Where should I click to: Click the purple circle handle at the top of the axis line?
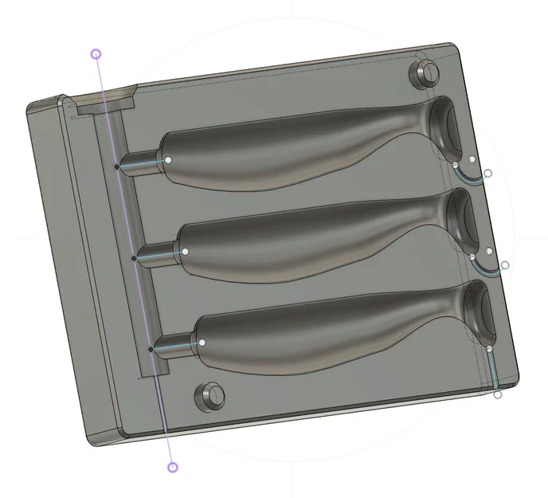(96, 54)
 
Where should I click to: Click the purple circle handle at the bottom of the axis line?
(173, 467)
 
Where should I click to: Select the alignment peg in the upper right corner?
(425, 73)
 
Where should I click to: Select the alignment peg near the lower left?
(210, 394)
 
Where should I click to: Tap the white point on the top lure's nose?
(170, 159)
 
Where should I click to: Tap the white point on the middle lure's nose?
(185, 251)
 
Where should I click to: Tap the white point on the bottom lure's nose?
(202, 342)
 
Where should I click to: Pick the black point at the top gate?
(117, 167)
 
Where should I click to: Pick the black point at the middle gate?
(134, 257)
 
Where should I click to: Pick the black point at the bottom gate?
(151, 348)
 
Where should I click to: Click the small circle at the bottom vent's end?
(498, 394)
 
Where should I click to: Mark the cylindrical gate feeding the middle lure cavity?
(156, 254)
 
